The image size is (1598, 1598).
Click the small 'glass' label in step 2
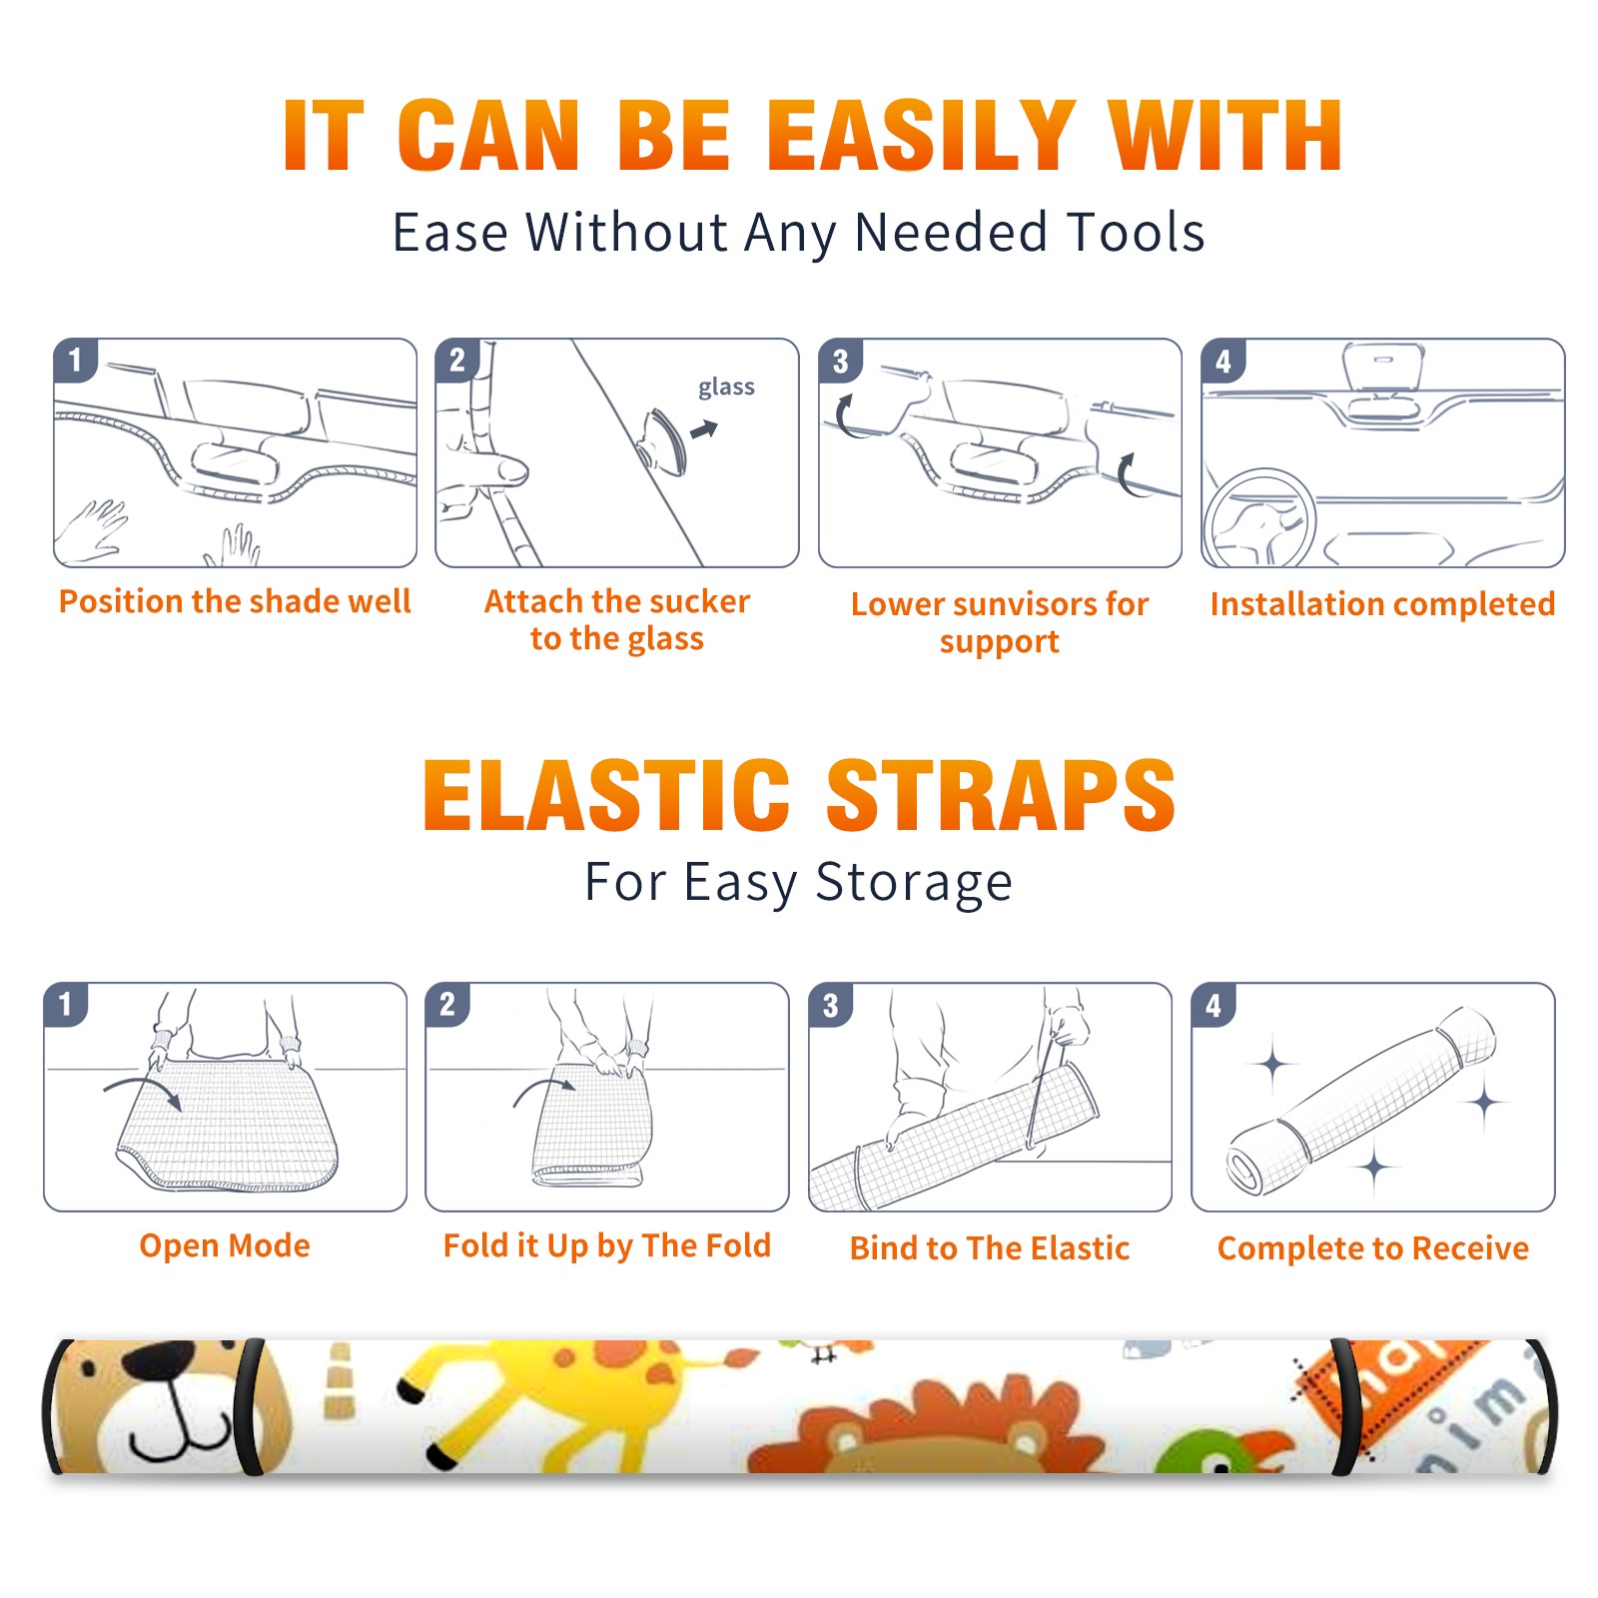[726, 388]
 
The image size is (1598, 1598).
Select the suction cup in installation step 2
[663, 440]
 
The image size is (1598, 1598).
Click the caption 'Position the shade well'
[235, 601]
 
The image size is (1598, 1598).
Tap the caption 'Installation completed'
[1382, 604]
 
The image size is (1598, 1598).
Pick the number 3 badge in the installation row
[840, 361]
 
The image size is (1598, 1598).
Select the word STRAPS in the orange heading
[1001, 795]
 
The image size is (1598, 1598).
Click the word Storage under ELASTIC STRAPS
[914, 883]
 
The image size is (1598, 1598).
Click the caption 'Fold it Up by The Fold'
[607, 1246]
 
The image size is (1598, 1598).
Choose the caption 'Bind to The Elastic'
[990, 1248]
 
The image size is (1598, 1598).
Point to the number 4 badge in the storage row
[1213, 1005]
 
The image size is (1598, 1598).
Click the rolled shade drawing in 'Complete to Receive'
[1361, 1101]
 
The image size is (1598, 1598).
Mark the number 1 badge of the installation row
[75, 360]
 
